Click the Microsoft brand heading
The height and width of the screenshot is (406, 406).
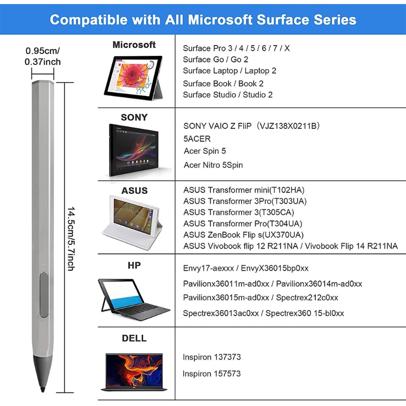pyautogui.click(x=134, y=45)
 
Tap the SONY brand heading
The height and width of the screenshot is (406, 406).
pyautogui.click(x=134, y=117)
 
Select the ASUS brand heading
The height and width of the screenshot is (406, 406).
pyautogui.click(x=134, y=191)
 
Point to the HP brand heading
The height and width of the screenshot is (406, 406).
pyautogui.click(x=134, y=265)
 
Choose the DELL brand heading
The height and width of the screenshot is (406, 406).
pyautogui.click(x=134, y=338)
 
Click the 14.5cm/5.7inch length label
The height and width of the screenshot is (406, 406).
pyautogui.click(x=71, y=239)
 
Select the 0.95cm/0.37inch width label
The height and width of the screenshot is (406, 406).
pyautogui.click(x=43, y=56)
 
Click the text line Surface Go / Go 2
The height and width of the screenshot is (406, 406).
pyautogui.click(x=215, y=59)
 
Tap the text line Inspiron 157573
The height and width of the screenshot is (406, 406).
pyautogui.click(x=212, y=374)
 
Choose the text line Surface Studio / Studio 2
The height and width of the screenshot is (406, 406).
pyautogui.click(x=228, y=94)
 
